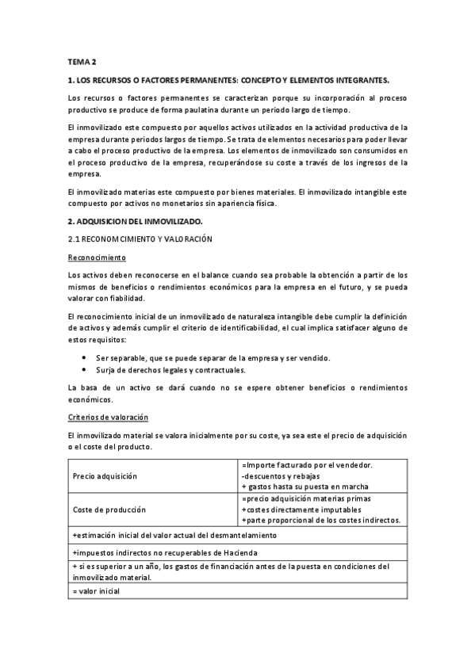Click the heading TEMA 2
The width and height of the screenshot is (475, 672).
pyautogui.click(x=82, y=61)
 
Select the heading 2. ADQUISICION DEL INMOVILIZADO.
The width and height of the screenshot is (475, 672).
pyautogui.click(x=136, y=220)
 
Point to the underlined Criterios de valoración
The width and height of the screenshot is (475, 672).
pyautogui.click(x=109, y=417)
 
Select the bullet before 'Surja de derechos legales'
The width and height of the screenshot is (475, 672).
pyautogui.click(x=84, y=370)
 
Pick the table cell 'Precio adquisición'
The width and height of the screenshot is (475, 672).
pyautogui.click(x=105, y=476)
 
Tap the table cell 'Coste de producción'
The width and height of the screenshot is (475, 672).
pyautogui.click(x=108, y=510)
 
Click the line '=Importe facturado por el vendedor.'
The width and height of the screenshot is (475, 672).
pyautogui.click(x=308, y=465)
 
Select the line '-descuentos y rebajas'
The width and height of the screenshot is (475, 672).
pyautogui.click(x=282, y=475)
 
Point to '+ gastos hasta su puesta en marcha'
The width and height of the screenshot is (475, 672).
pyautogui.click(x=305, y=487)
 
